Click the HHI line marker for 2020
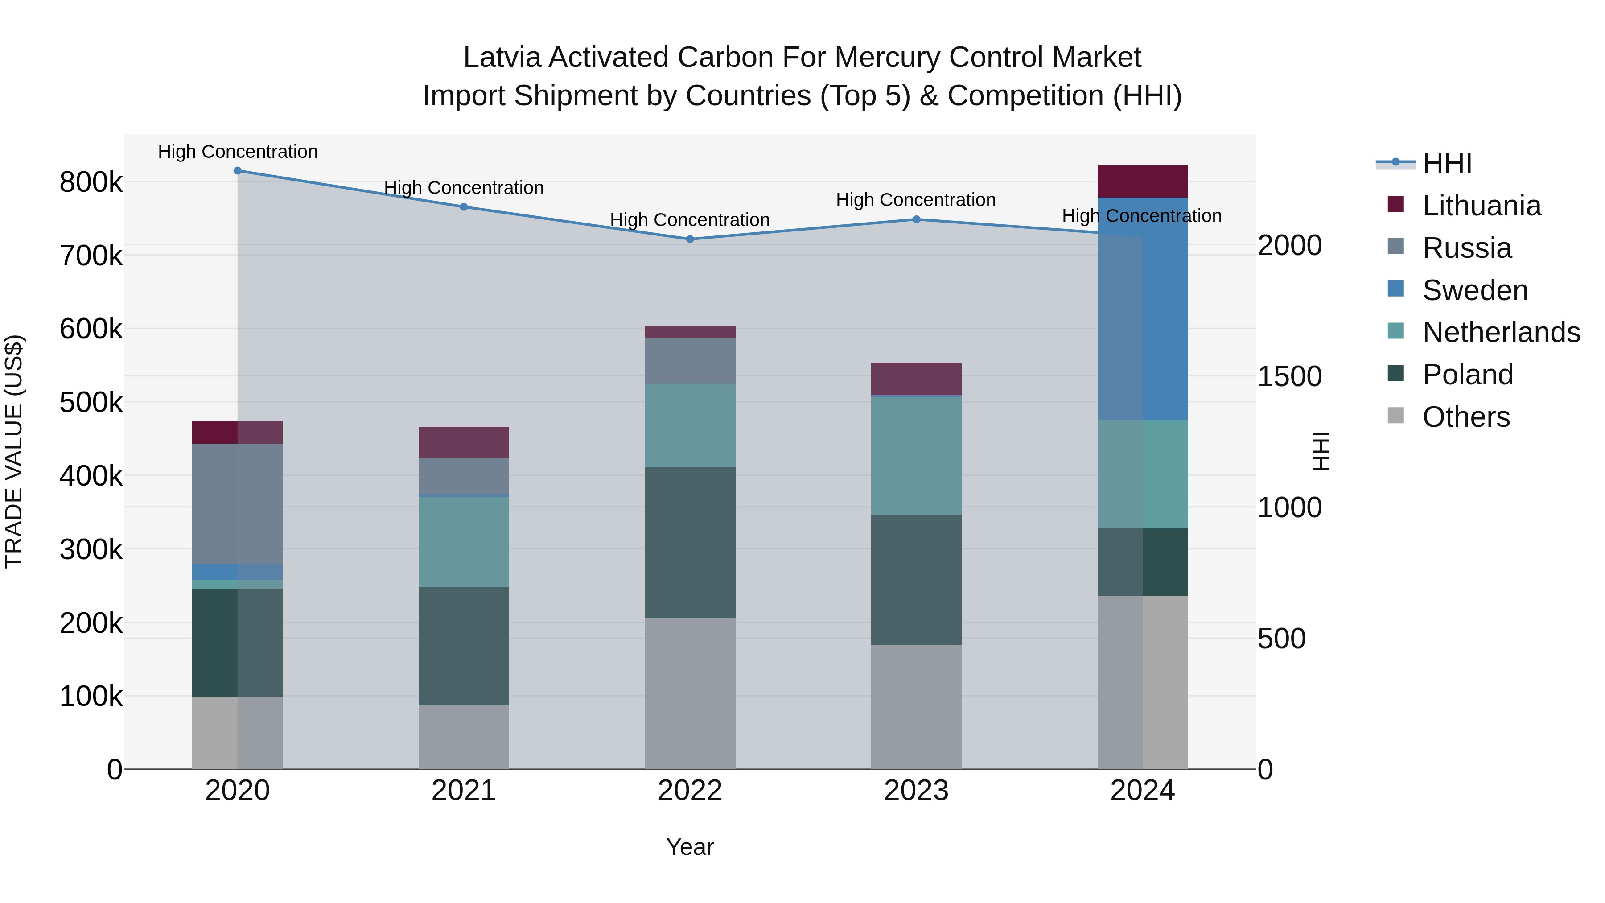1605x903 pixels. (x=237, y=171)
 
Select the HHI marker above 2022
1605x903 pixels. (x=690, y=239)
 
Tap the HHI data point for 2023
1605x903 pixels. (x=916, y=219)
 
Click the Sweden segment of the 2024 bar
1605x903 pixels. (x=1143, y=309)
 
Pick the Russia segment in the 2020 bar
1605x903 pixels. (x=237, y=503)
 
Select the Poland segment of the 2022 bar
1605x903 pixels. (x=690, y=542)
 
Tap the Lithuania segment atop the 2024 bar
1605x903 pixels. (x=1143, y=181)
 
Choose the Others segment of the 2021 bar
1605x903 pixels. (x=464, y=737)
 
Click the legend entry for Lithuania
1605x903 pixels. (x=1481, y=206)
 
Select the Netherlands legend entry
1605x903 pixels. (x=1500, y=332)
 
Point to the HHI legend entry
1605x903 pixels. (x=1446, y=163)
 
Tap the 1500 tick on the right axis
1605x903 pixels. (x=1289, y=376)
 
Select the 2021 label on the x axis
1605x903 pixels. (x=464, y=791)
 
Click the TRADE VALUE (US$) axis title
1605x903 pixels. (x=14, y=451)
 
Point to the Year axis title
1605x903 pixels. (x=690, y=847)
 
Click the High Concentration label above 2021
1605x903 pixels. (x=464, y=188)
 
